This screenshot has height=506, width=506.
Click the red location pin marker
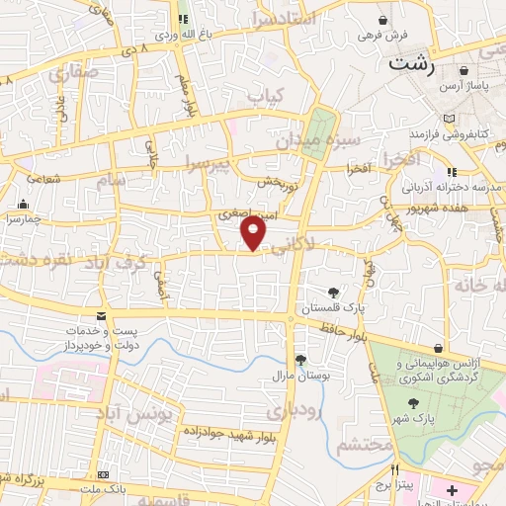(254, 232)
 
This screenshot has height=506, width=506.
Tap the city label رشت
(413, 66)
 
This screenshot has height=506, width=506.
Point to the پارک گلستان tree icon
(334, 292)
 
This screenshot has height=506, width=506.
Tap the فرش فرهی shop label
(382, 36)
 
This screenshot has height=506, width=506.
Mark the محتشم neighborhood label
(358, 446)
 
